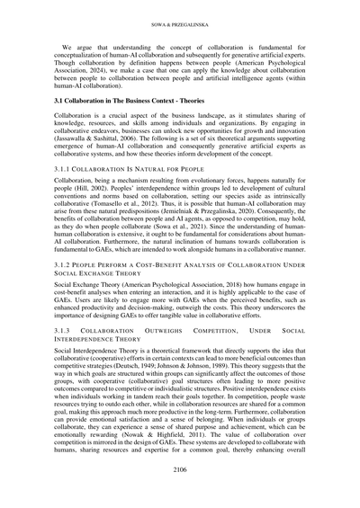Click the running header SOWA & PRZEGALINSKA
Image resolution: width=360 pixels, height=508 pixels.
179,15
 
